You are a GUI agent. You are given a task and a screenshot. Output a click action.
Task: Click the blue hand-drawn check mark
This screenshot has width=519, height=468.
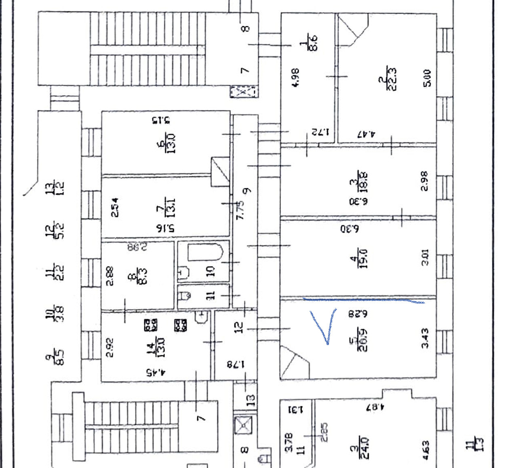click(x=326, y=327)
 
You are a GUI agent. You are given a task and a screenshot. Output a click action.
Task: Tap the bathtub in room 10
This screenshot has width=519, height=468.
click(x=206, y=253)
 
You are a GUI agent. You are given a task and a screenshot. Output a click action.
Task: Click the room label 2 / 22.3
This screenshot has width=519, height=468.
click(x=388, y=78)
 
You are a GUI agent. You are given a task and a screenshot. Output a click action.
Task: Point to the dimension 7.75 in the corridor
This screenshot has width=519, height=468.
click(x=241, y=210)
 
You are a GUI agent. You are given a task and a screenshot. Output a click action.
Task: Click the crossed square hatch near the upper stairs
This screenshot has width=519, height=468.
click(x=243, y=92)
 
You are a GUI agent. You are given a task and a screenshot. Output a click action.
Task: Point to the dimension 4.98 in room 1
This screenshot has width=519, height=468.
click(x=295, y=78)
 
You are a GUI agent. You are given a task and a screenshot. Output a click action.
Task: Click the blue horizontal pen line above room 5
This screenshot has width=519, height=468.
click(x=364, y=300)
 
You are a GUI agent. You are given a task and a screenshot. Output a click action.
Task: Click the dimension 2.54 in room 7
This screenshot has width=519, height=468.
click(x=115, y=207)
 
